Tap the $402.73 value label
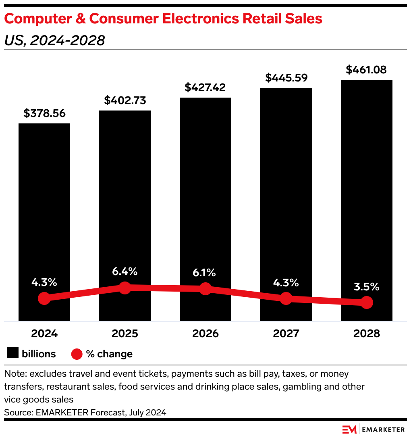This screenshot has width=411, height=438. (125, 100)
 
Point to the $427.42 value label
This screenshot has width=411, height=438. (205, 88)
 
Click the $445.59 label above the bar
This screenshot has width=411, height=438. (286, 78)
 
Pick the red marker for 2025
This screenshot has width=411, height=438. (125, 288)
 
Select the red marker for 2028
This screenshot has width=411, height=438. (366, 302)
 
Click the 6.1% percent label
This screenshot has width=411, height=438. (205, 273)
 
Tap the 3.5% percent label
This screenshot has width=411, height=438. (366, 287)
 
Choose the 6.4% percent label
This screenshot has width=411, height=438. (125, 271)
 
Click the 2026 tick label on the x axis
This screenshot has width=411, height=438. (205, 334)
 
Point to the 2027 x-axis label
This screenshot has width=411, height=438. (286, 334)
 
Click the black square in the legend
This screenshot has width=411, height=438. (13, 354)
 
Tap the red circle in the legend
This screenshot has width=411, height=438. (77, 354)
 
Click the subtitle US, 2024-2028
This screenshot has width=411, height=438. (54, 40)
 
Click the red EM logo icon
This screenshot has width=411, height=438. (349, 430)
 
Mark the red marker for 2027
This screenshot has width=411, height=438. (286, 298)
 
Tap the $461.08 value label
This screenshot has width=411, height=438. (366, 70)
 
